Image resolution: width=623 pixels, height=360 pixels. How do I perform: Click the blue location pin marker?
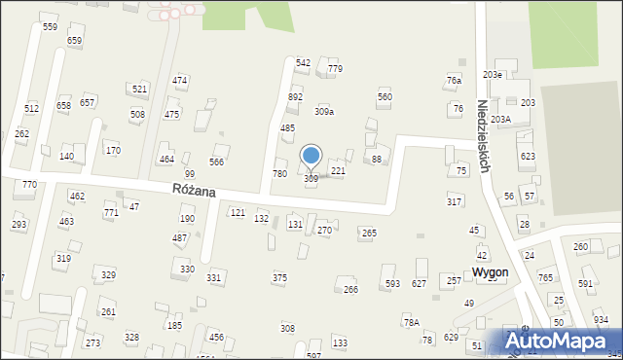tap(311, 157)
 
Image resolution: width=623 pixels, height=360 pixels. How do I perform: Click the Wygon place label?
tap(489, 272)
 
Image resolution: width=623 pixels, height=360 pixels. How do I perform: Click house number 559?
tap(50, 27)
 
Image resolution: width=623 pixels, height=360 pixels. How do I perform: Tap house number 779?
tap(335, 69)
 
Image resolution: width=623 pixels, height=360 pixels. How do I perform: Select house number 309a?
tap(324, 112)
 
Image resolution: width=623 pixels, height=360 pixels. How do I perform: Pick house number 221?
tap(338, 170)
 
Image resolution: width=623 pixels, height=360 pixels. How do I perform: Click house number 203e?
tap(493, 75)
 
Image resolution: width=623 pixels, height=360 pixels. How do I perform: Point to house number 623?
tap(528, 156)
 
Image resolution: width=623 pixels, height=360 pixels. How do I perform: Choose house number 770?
tap(30, 184)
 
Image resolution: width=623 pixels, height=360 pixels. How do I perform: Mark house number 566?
tap(217, 162)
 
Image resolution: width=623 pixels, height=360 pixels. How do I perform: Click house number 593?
tap(392, 284)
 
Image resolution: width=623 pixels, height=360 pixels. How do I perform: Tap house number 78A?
tap(411, 322)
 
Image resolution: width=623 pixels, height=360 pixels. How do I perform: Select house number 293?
tap(18, 225)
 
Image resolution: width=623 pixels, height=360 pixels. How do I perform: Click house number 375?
tap(279, 277)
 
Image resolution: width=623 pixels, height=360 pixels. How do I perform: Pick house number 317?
tap(454, 201)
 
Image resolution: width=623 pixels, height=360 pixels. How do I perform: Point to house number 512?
tap(32, 108)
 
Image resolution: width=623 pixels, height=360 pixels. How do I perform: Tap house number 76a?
tap(454, 80)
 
